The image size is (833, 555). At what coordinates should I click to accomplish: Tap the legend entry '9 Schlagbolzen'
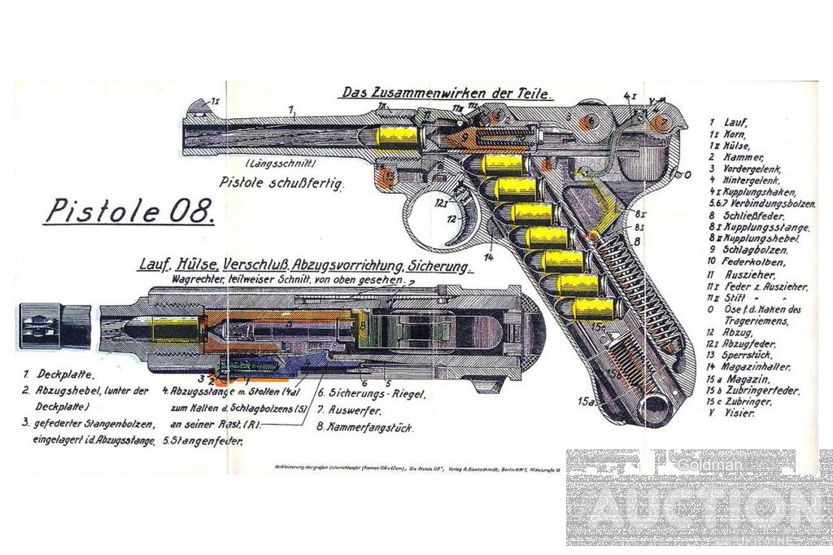[x=745, y=251]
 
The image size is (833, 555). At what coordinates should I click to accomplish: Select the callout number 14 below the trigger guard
[x=489, y=258]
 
